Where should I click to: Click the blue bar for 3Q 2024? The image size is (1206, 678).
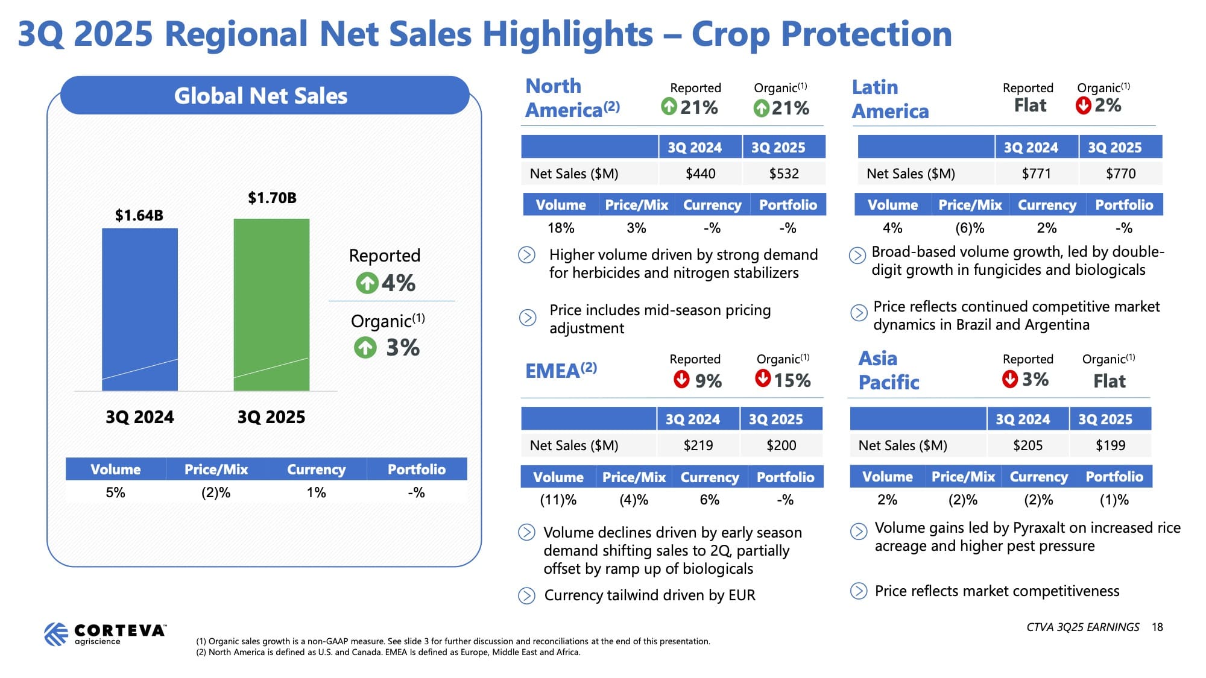pos(140,309)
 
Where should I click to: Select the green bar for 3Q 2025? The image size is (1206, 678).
pos(271,304)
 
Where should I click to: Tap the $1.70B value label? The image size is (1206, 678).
pos(272,198)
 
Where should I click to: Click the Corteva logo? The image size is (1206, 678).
pos(105,634)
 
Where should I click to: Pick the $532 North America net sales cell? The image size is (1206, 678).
pos(784,174)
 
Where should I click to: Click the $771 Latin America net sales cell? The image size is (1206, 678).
pos(1036,174)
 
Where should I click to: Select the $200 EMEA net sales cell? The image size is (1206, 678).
pos(781,445)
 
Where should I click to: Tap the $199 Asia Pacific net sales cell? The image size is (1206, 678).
pos(1110,445)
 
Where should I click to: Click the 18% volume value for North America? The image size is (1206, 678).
pos(561,228)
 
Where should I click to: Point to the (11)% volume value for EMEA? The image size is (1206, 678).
pos(558,500)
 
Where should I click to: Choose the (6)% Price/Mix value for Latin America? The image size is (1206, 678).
pos(970,228)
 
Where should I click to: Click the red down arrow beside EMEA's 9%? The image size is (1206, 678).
pos(681,379)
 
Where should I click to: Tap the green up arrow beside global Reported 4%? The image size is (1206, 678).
pos(367,283)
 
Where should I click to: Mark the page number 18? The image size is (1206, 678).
pos(1157,627)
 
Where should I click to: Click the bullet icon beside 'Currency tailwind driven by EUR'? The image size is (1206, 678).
pos(526,595)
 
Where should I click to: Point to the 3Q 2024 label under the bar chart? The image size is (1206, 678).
pos(139,417)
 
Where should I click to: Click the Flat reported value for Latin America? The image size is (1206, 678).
pos(1030,105)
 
